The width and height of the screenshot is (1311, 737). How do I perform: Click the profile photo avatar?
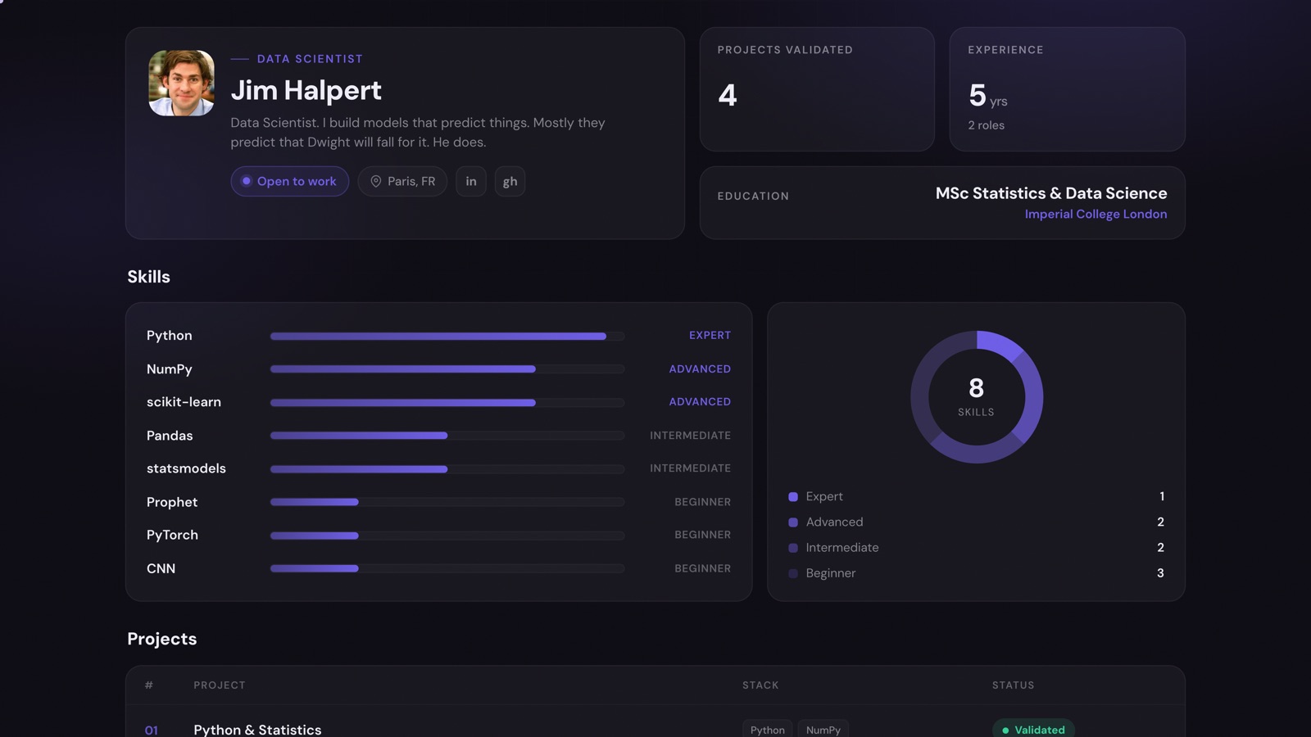(181, 83)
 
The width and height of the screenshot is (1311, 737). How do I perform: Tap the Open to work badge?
(290, 181)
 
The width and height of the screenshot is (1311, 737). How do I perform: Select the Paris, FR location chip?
(402, 181)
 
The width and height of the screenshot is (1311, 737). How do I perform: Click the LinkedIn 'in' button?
(471, 181)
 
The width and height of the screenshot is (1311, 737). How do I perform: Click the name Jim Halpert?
(306, 90)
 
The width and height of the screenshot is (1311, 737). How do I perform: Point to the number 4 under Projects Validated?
(728, 95)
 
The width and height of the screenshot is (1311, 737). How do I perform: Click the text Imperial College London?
(1096, 214)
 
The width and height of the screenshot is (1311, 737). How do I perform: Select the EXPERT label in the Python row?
(710, 335)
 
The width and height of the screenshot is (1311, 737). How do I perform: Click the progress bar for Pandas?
(447, 436)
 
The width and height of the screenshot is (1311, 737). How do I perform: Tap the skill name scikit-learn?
(184, 402)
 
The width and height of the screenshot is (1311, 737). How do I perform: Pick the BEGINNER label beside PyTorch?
(702, 535)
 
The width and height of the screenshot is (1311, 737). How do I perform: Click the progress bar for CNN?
(447, 568)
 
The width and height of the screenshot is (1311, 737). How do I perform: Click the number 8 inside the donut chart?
(976, 388)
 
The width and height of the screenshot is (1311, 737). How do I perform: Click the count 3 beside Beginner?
(1160, 573)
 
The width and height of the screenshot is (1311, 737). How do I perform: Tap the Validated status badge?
(1033, 730)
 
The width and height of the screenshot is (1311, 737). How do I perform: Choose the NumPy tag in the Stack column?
(823, 730)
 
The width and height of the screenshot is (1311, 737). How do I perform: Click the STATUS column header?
(1013, 685)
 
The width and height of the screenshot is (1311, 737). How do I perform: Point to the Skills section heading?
(148, 277)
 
